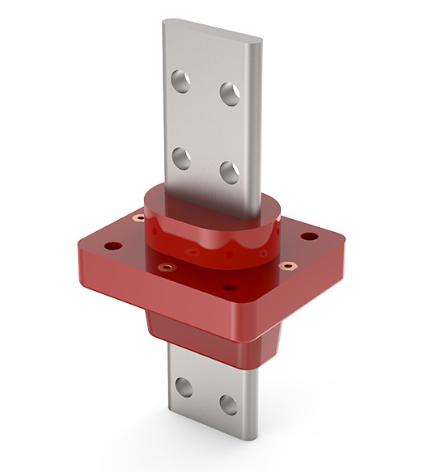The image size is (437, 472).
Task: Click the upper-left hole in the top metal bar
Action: click(x=181, y=81)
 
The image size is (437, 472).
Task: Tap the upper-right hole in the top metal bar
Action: click(x=231, y=94)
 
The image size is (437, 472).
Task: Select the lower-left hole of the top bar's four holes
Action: click(x=182, y=158)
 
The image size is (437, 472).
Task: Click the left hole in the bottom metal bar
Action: click(x=184, y=387)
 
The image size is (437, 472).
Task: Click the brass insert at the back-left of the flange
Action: click(x=138, y=218)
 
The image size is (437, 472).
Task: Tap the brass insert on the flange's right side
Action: click(x=284, y=266)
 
